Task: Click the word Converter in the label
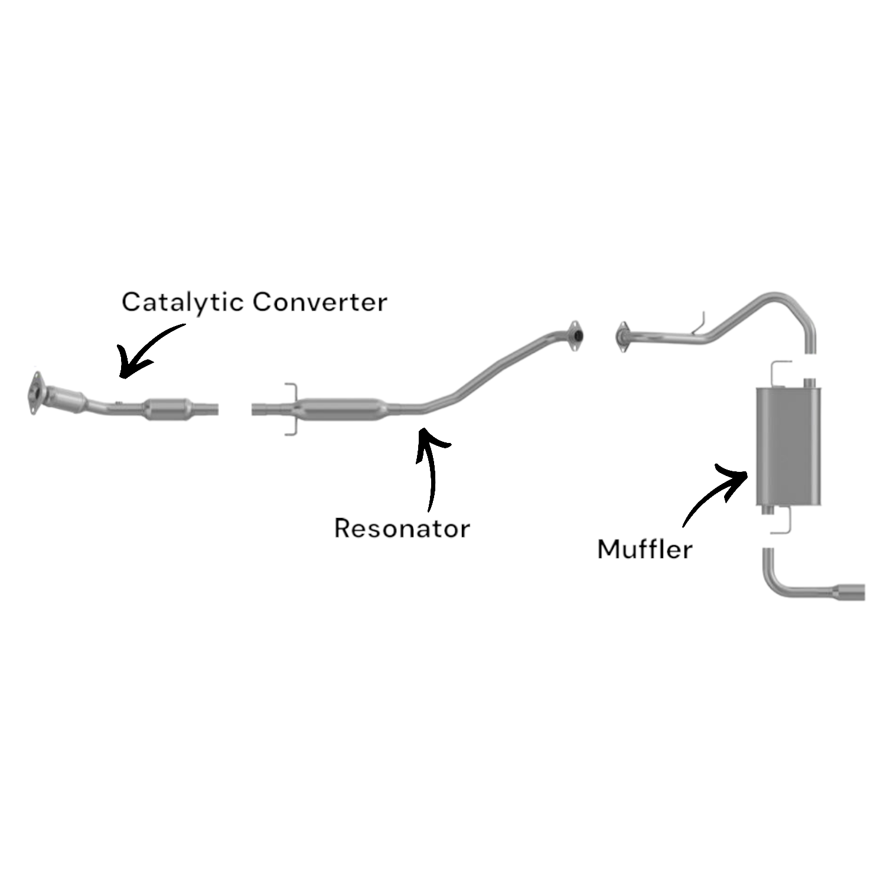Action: [x=320, y=302]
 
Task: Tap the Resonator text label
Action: [x=402, y=528]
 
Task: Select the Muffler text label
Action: [x=644, y=549]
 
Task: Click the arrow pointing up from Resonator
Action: [x=431, y=467]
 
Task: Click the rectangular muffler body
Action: [x=788, y=446]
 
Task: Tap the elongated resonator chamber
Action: [x=343, y=410]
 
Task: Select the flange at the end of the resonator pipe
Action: [x=574, y=337]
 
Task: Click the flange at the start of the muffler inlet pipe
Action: [x=622, y=337]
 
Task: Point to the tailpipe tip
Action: [x=850, y=591]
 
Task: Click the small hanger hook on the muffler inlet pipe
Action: [x=700, y=324]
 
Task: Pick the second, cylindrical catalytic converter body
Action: [x=168, y=409]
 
